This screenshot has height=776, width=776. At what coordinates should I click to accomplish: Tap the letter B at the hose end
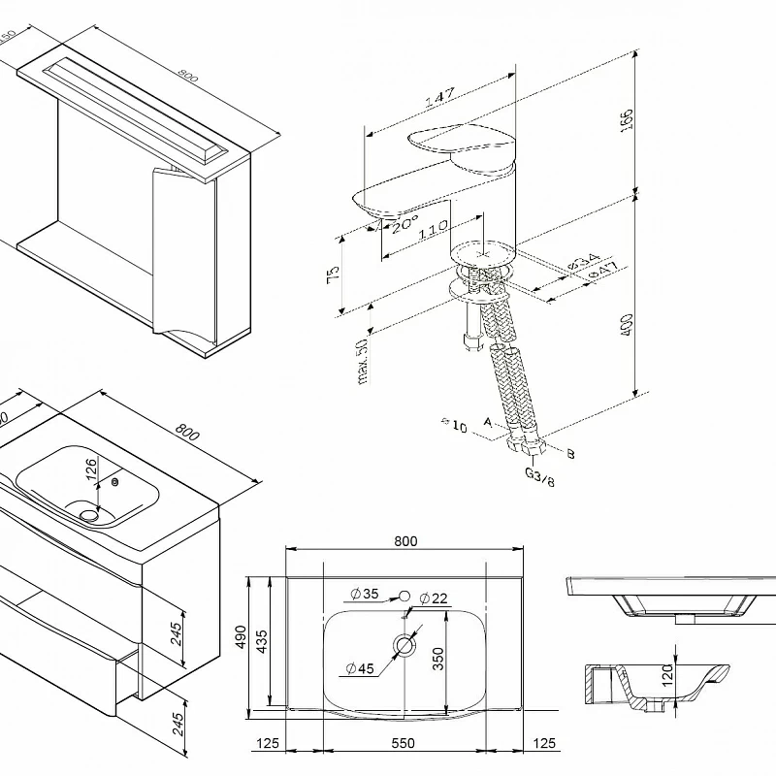point(570,453)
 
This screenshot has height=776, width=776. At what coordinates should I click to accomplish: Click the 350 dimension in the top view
point(439,659)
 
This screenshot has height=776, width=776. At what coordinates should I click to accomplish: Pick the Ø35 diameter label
point(365,595)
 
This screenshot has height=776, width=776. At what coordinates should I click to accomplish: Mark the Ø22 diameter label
point(434,598)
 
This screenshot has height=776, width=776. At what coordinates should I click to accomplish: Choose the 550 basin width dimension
point(403,743)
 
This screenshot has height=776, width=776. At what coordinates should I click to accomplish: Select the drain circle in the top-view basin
point(404,643)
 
